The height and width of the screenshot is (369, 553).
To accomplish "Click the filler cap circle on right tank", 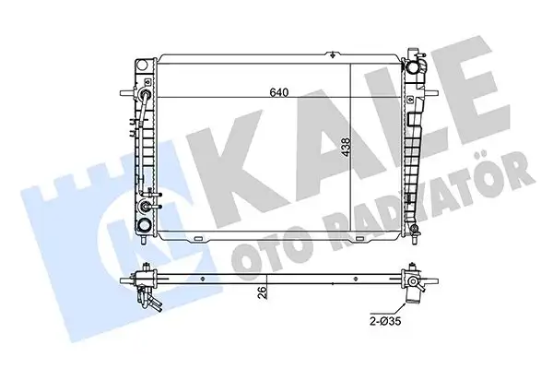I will [x=418, y=65].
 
